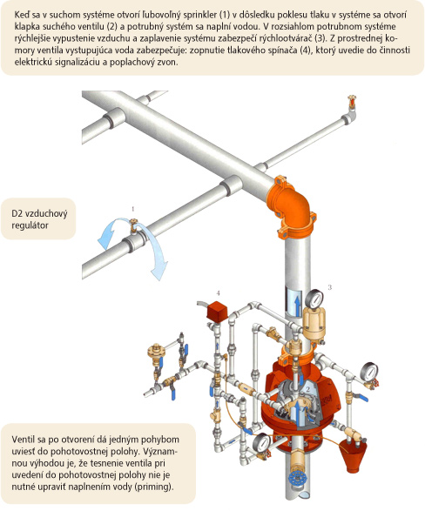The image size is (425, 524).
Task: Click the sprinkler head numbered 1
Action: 133,226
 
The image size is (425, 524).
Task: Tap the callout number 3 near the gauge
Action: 330,287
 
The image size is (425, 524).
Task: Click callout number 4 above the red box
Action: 218,293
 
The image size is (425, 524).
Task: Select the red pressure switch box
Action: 217,312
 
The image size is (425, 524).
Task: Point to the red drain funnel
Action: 353,455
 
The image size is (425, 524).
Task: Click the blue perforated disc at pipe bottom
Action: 297,480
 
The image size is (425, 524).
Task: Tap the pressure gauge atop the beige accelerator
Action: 314,299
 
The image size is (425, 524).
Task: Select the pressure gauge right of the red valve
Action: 369,372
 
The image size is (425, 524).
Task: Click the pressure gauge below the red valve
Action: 261,443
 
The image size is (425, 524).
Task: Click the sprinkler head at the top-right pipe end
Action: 352,102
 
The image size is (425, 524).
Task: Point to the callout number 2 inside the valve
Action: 308,389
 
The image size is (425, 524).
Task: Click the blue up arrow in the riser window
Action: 297,305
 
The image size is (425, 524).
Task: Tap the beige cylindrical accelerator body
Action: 314,322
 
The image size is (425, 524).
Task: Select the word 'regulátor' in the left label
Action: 30,225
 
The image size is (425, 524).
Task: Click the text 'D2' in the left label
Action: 17,213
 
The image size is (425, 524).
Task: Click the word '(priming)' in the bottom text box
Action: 154,487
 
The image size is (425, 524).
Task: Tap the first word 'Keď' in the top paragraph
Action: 22,15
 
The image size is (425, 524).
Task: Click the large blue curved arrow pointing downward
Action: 152,249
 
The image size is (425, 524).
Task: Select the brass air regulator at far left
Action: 156,352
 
